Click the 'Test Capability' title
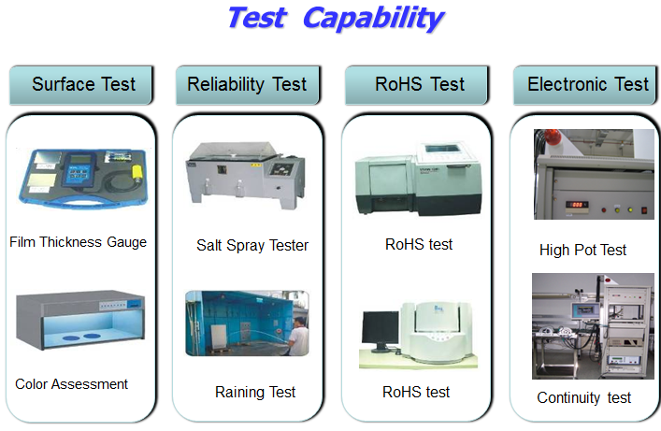coord(336,19)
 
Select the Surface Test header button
coord(81,85)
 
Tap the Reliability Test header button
coord(248,85)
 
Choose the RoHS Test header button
coord(416,85)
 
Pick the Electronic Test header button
coord(585,85)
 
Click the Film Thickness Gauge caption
coord(78,242)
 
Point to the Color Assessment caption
coord(71,384)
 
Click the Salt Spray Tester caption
coord(252,246)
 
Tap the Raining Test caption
coord(255,393)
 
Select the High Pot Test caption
coord(583,250)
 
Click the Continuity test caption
coord(583,397)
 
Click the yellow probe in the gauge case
coord(137,172)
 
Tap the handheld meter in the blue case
coord(79,170)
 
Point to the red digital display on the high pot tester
coord(577,205)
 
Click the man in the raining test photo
coord(299,337)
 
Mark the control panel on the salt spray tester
coord(281,169)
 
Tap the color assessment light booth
coord(80,320)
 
